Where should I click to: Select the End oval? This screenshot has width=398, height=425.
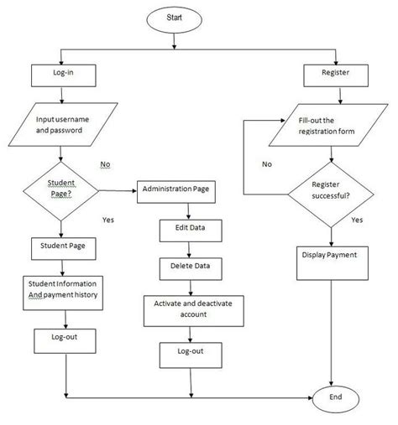pos(336,397)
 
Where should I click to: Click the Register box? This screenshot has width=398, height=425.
pos(336,74)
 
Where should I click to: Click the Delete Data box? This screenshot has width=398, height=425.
pos(186,267)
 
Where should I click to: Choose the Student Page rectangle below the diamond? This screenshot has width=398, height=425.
pos(64,247)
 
